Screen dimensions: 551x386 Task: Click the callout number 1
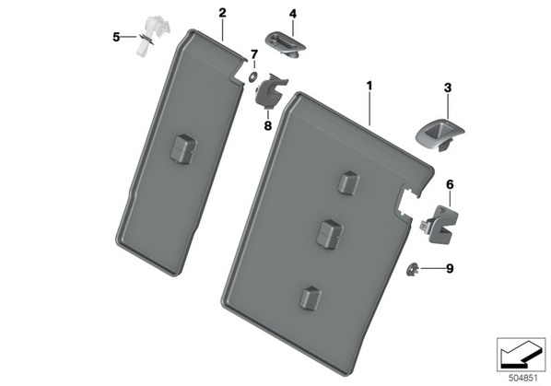[x=369, y=86]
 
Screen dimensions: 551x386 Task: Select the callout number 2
[x=222, y=13]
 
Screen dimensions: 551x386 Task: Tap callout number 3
[x=448, y=88]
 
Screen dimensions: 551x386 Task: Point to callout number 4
[x=293, y=14]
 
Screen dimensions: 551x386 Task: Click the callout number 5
[x=116, y=37]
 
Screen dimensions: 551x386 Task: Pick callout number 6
[x=451, y=185]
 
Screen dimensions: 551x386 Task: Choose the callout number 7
[x=254, y=54]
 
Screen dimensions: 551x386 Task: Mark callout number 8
[x=268, y=125]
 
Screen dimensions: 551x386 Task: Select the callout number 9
[x=450, y=269]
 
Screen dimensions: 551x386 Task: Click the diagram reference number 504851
[x=523, y=379]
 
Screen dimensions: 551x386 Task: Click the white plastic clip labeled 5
[x=152, y=36]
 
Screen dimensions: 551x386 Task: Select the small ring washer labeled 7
[x=252, y=76]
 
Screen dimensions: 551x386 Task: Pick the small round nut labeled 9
[x=412, y=270]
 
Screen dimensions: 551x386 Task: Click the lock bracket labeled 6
[x=439, y=223]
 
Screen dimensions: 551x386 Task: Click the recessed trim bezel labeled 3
[x=440, y=135]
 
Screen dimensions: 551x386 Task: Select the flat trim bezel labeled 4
[x=286, y=44]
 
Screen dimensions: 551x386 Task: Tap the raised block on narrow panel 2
[x=183, y=148]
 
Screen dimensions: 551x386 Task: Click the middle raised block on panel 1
[x=329, y=235]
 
